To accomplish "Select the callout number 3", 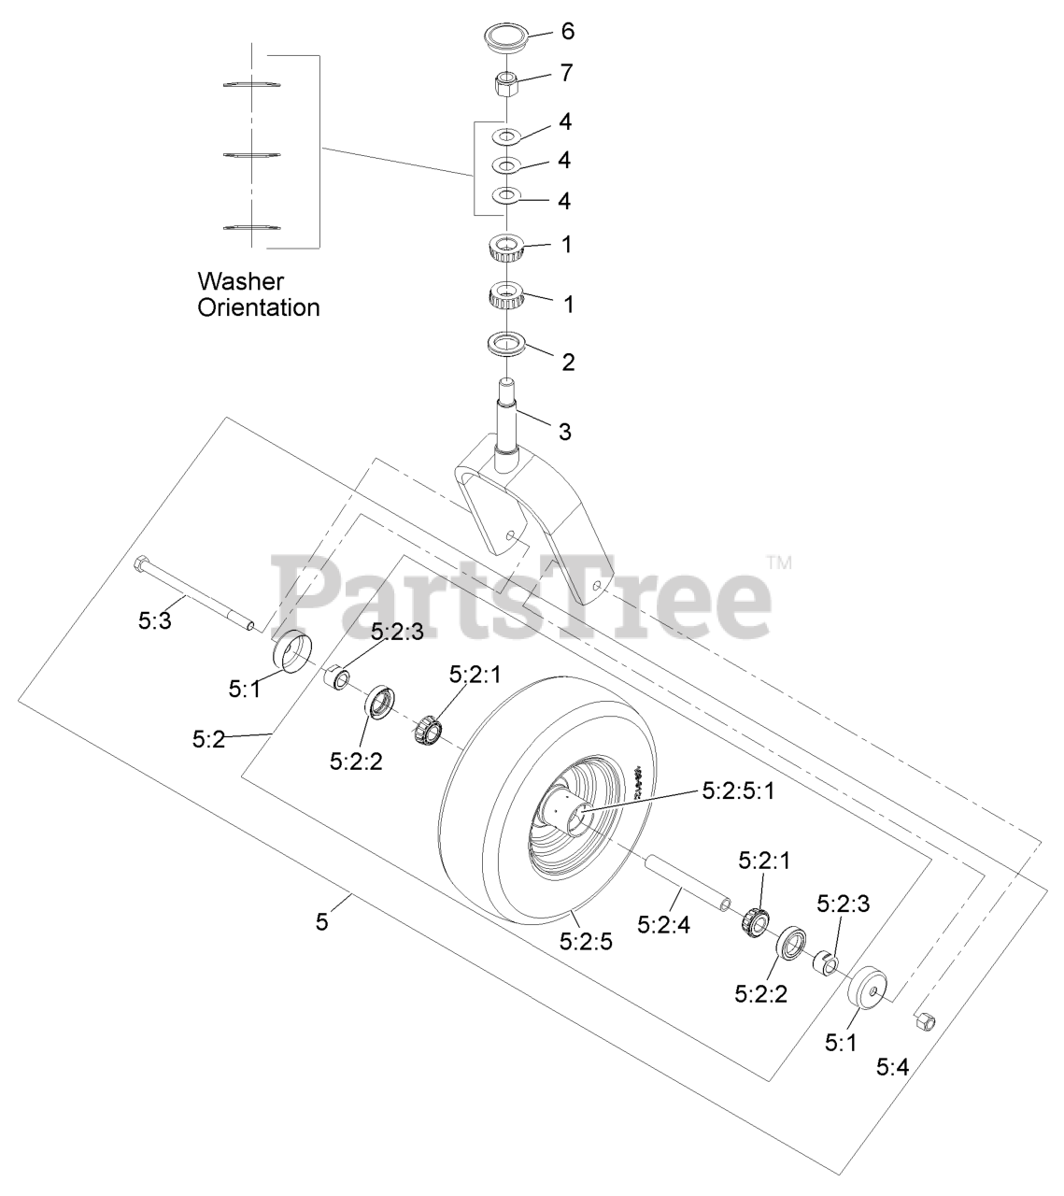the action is (x=564, y=432).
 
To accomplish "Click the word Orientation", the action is (x=258, y=307).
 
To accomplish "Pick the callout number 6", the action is (x=567, y=32).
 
